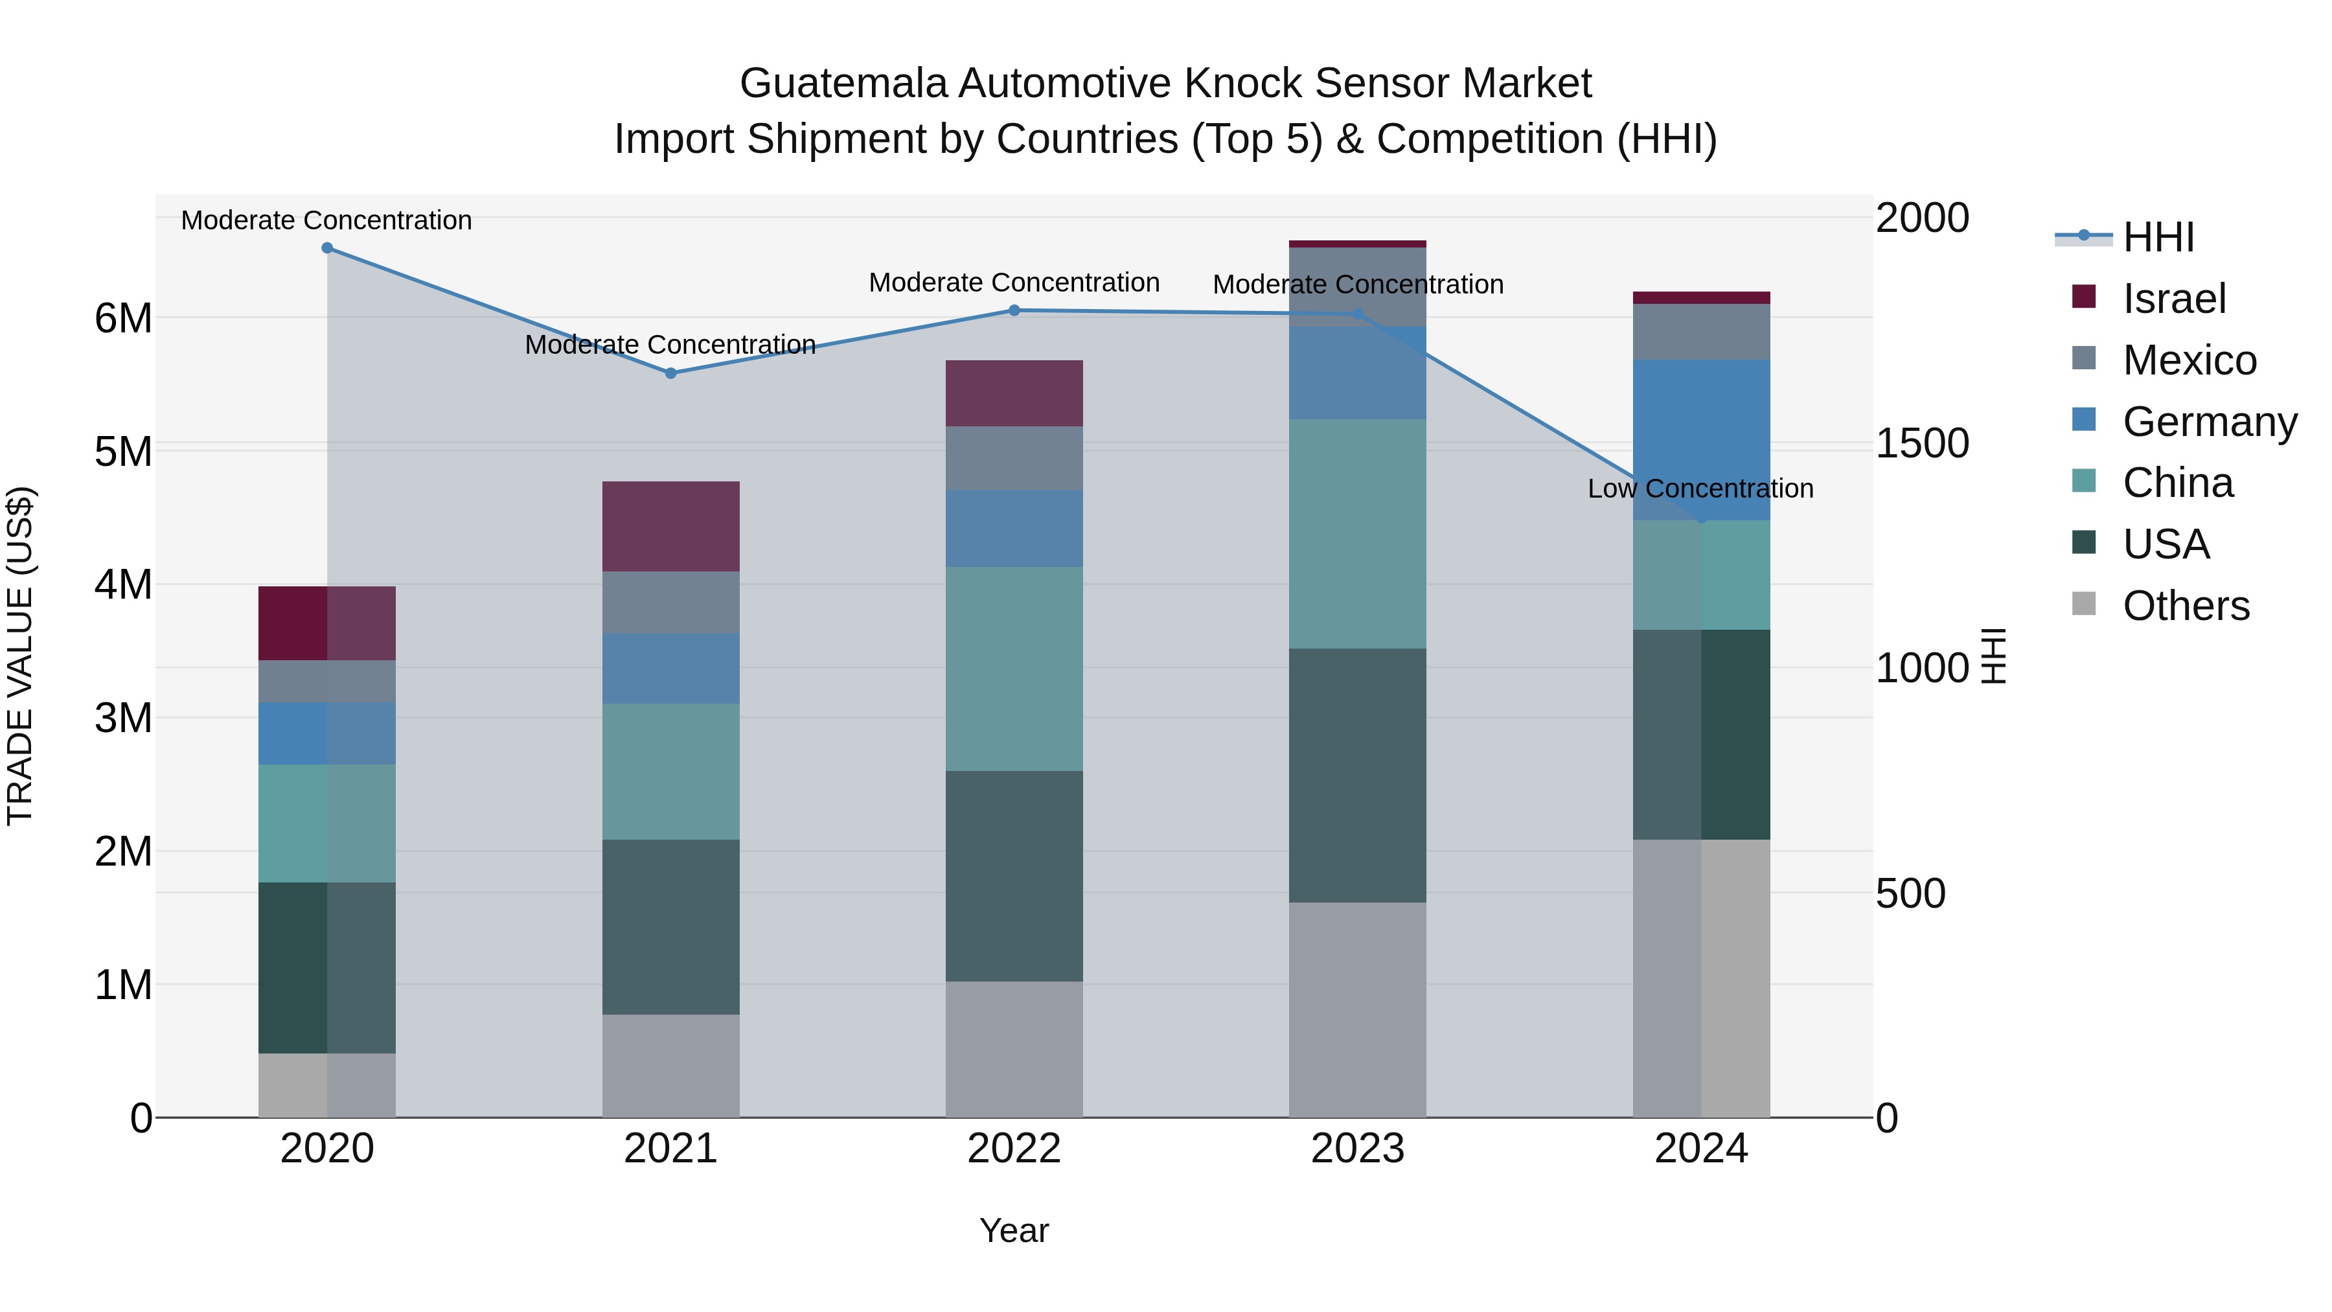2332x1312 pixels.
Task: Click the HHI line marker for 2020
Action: click(327, 248)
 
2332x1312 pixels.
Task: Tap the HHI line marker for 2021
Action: click(671, 373)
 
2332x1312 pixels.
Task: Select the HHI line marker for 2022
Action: click(1014, 310)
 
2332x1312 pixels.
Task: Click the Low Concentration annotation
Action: click(1700, 489)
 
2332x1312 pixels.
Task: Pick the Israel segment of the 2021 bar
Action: click(671, 526)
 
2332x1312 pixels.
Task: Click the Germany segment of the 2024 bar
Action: click(1701, 439)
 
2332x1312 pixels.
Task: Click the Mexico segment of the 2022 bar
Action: click(1014, 458)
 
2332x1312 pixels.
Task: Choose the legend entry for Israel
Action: click(2173, 299)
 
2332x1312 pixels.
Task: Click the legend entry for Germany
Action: click(2208, 422)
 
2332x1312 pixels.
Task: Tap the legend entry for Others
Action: click(2184, 606)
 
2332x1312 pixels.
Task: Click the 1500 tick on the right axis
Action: click(1922, 444)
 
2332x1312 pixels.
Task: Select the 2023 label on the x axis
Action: click(1357, 1149)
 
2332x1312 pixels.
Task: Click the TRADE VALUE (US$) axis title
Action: click(21, 656)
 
